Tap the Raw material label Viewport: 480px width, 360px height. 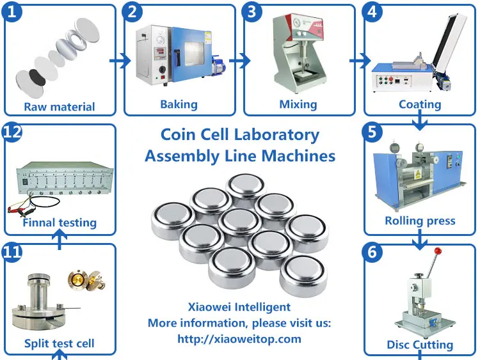[60, 107]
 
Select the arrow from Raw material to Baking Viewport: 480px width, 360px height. [117, 61]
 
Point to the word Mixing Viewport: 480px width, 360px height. [298, 104]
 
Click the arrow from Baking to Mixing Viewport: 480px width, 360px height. [239, 61]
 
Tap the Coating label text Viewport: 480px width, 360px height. [420, 104]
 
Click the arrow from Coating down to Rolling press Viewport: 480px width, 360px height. [420, 120]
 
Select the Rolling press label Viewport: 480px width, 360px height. [420, 221]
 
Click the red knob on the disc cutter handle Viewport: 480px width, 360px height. [438, 251]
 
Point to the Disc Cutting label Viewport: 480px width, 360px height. [420, 345]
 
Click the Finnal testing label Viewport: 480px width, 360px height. [60, 223]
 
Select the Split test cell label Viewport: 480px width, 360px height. [60, 343]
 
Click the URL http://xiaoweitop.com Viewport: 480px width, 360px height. [239, 339]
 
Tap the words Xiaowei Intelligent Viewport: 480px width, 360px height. [239, 307]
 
